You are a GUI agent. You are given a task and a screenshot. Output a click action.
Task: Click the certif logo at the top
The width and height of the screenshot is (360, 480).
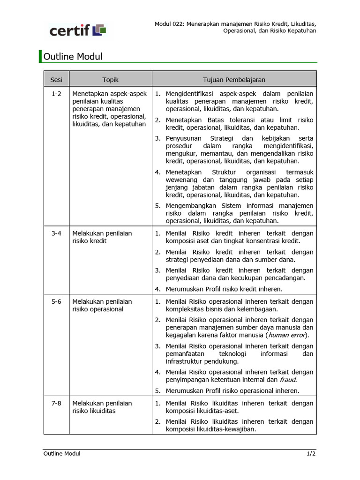(78, 31)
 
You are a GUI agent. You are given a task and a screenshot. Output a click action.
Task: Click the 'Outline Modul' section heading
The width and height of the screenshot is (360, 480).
(73, 57)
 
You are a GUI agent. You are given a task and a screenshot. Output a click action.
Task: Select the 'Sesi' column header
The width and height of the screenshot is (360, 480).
(56, 80)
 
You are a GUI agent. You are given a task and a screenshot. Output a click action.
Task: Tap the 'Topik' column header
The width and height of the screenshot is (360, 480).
(111, 80)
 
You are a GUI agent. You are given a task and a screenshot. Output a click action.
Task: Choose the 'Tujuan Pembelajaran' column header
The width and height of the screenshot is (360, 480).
(234, 80)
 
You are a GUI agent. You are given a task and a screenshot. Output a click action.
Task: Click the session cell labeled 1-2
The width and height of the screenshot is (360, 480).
(56, 94)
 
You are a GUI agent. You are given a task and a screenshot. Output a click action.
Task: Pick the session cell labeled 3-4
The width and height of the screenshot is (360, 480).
(56, 233)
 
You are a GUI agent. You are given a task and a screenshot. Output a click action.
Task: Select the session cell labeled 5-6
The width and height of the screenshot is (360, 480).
(56, 301)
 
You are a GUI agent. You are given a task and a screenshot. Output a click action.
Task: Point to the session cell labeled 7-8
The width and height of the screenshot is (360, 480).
(56, 403)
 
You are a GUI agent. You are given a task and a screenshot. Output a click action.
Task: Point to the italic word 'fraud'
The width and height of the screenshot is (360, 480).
(288, 380)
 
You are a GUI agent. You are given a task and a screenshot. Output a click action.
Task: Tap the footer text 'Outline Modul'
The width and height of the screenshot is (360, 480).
(62, 453)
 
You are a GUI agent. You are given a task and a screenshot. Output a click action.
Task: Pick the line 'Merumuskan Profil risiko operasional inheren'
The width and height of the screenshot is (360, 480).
(232, 390)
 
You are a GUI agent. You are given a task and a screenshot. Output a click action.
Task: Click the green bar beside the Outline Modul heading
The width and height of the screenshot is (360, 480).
(40, 57)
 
